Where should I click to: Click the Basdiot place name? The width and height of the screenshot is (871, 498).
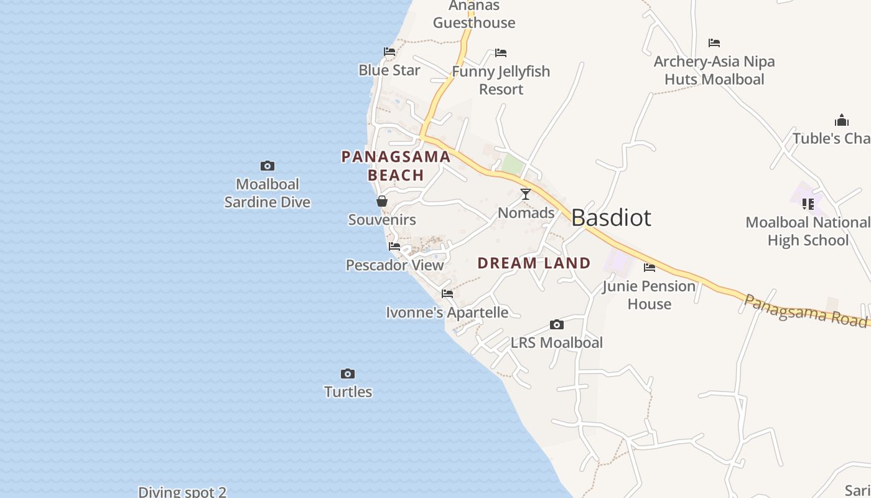(x=611, y=218)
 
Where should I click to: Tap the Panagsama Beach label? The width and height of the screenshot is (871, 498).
(x=396, y=166)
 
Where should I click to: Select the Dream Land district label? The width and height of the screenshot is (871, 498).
(x=534, y=263)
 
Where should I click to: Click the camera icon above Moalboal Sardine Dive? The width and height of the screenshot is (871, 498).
(x=268, y=166)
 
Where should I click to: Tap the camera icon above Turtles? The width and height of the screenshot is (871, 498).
(x=348, y=374)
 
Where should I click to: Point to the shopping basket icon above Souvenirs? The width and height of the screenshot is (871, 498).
(x=382, y=201)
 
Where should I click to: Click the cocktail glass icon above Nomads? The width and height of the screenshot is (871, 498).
(x=526, y=194)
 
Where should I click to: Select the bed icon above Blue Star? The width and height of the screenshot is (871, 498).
(x=389, y=52)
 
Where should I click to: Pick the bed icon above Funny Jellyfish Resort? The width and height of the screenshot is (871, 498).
(x=501, y=53)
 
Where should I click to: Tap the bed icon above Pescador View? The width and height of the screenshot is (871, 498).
(x=394, y=247)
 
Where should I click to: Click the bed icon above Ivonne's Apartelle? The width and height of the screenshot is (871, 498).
(x=447, y=294)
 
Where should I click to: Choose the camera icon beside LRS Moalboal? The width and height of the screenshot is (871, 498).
(x=557, y=324)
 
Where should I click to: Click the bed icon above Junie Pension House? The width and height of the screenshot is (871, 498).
(x=650, y=268)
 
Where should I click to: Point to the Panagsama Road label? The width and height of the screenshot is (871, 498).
(x=806, y=310)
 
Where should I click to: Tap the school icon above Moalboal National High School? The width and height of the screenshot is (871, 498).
(x=808, y=204)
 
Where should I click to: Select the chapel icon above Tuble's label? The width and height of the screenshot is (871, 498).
(x=842, y=120)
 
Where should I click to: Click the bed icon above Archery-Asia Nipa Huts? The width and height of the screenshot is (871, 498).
(x=714, y=43)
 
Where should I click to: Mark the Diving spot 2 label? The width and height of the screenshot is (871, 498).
(x=182, y=492)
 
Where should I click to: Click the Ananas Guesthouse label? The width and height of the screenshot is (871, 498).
(x=474, y=14)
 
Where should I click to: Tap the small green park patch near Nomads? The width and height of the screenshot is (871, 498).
(x=512, y=164)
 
